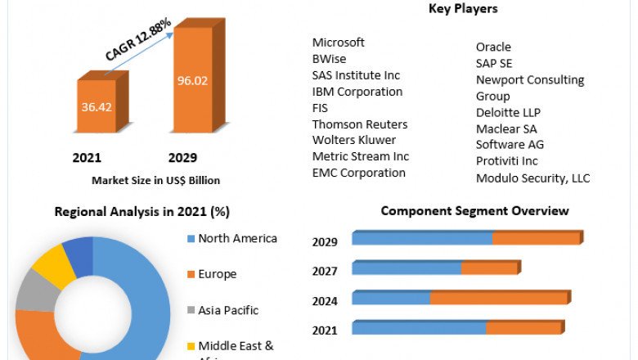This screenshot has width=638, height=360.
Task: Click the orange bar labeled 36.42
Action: pos(97,106)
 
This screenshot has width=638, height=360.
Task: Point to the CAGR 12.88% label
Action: pos(138,40)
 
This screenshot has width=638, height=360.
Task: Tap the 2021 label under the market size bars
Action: pos(87,157)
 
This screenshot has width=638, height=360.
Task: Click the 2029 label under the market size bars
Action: pos(182,157)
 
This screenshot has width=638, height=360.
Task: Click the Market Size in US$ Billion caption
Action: pos(155,180)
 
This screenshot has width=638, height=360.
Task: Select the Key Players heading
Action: pos(463,9)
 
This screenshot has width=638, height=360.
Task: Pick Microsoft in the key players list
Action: pos(339,43)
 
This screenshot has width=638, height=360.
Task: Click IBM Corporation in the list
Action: pos(357,92)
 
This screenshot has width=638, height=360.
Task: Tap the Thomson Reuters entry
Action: pos(360,124)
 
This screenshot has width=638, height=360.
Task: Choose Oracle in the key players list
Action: pos(493,47)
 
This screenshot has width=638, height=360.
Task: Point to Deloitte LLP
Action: pos(509,112)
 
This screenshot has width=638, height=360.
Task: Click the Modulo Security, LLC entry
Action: pos(532,178)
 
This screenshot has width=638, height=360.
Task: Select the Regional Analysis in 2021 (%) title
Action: pos(142,212)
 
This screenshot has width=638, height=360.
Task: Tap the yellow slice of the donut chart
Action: pos(52,266)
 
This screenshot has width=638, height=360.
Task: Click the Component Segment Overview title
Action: pos(474,211)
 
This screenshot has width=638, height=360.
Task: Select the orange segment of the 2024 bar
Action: pos(499,298)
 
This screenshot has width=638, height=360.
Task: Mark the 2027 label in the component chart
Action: pos(325,271)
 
